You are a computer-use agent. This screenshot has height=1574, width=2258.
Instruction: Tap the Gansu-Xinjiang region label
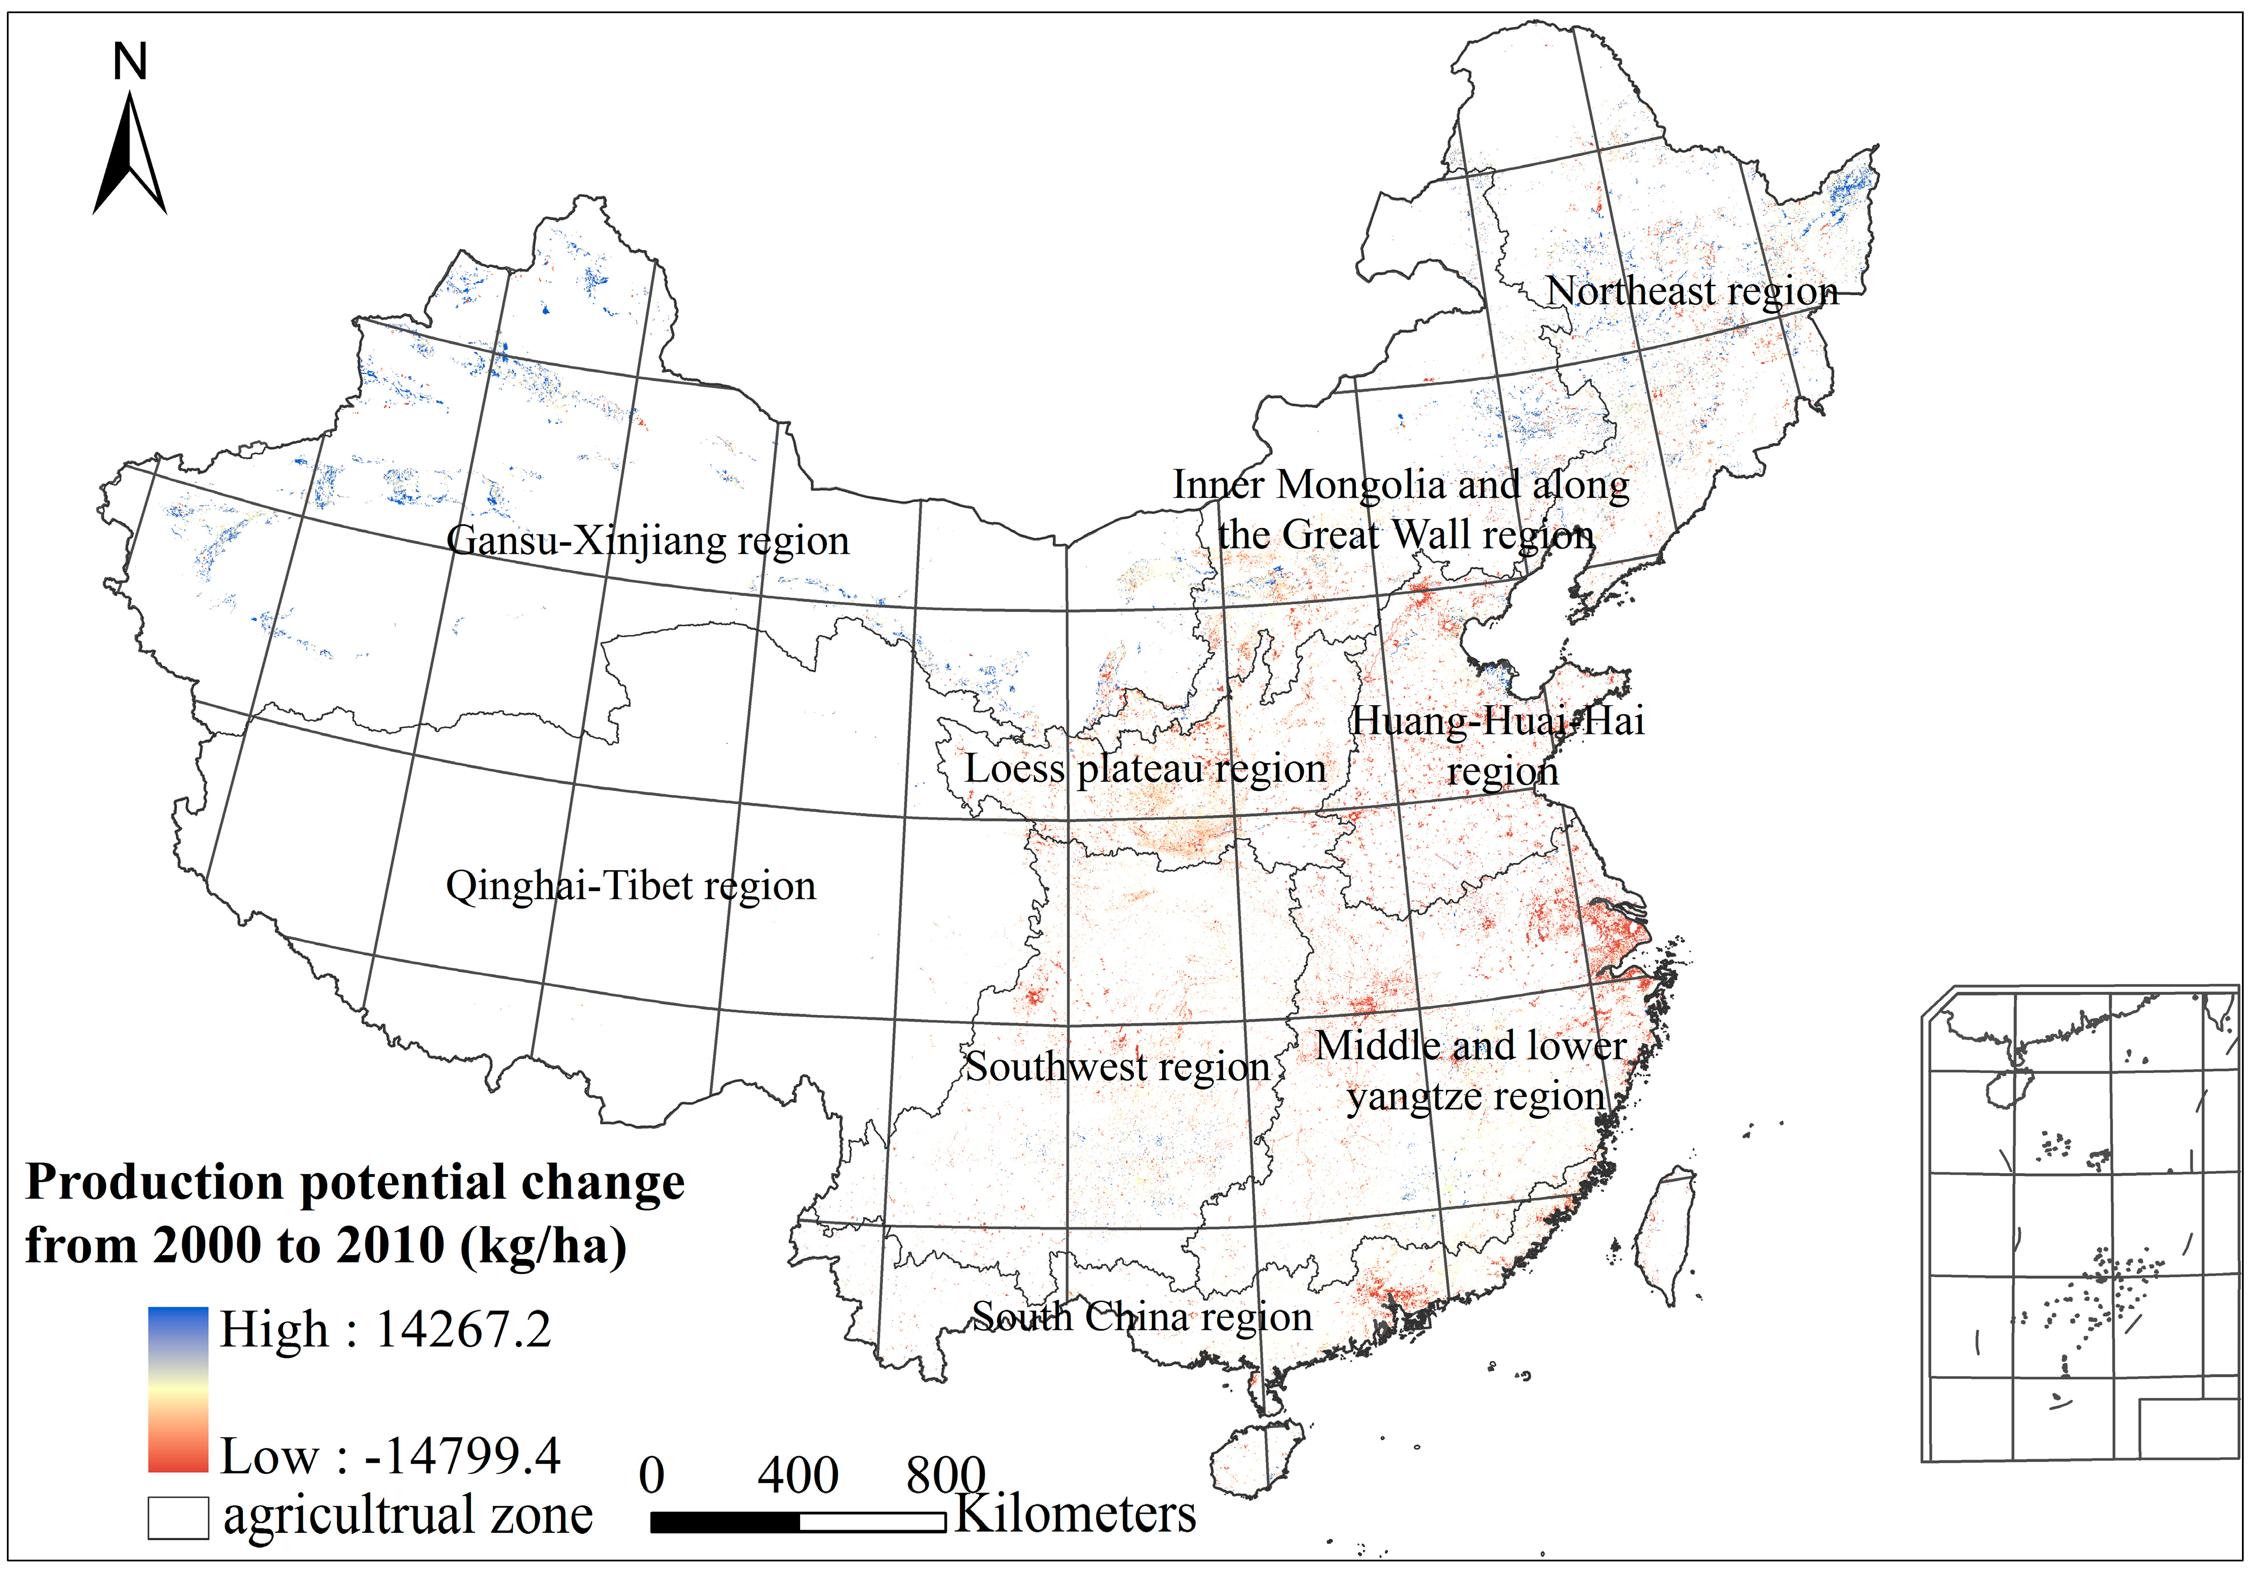(647, 541)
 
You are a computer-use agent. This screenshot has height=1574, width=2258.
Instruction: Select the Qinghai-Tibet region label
(630, 886)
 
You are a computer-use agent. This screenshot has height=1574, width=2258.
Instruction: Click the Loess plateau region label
(1144, 769)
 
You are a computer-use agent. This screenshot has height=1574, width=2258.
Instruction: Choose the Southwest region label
(1117, 1067)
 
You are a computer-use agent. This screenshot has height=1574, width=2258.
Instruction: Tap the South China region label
(1142, 1316)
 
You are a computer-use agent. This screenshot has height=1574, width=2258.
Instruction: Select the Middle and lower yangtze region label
(1472, 1071)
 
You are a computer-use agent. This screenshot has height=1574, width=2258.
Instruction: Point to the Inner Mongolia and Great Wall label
(1401, 509)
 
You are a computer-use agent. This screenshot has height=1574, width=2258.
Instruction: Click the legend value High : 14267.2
(385, 1329)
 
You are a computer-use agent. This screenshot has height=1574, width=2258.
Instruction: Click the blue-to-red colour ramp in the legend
(178, 1389)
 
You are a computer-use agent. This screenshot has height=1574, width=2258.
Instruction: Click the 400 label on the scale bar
(798, 1475)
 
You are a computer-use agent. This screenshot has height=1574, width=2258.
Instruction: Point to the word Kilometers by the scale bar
(1076, 1514)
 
